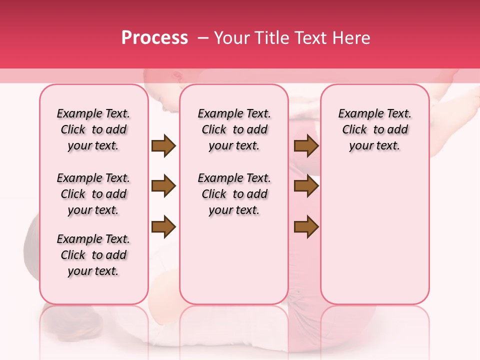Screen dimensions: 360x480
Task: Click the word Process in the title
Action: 154,38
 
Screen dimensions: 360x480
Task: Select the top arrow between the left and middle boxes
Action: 163,146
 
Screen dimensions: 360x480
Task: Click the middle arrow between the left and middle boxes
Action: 163,186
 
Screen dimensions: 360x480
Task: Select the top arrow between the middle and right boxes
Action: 306,146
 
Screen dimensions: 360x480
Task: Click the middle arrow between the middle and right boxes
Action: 306,186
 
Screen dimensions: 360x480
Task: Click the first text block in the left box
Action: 93,129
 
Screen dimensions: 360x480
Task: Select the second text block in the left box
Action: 93,194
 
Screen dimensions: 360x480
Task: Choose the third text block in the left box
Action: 93,255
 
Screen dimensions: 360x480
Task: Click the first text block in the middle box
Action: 234,129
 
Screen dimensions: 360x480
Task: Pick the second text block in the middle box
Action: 234,194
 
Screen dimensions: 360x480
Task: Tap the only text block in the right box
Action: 374,129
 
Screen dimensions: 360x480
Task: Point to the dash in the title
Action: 203,38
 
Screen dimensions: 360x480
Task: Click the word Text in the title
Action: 310,38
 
